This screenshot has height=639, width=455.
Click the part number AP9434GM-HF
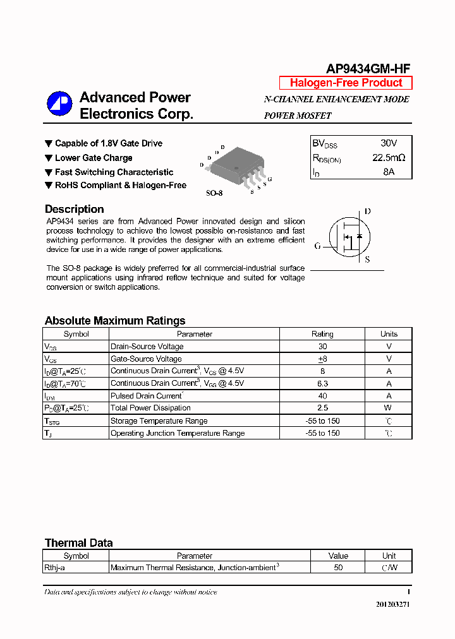[368, 69]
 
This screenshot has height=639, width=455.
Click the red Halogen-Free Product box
[346, 83]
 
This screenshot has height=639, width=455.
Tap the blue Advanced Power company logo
[59, 104]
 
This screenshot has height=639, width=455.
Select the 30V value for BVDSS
[389, 143]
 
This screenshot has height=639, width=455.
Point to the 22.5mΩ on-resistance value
[389, 158]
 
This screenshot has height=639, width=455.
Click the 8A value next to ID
[389, 172]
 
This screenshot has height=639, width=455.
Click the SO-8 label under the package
[214, 193]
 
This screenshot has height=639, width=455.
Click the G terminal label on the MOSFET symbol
[317, 245]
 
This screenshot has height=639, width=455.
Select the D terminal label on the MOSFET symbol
[368, 212]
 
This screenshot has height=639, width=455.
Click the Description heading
[74, 209]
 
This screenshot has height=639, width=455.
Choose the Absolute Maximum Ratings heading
[115, 321]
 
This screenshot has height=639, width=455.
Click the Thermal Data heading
[78, 543]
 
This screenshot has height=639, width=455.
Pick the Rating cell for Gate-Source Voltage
[322, 359]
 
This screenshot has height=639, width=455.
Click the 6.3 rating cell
[322, 383]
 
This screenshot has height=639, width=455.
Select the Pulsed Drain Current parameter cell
[147, 396]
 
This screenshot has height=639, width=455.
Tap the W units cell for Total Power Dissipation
[389, 408]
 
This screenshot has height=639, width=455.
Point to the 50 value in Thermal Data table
[338, 568]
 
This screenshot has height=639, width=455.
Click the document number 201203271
[392, 604]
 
